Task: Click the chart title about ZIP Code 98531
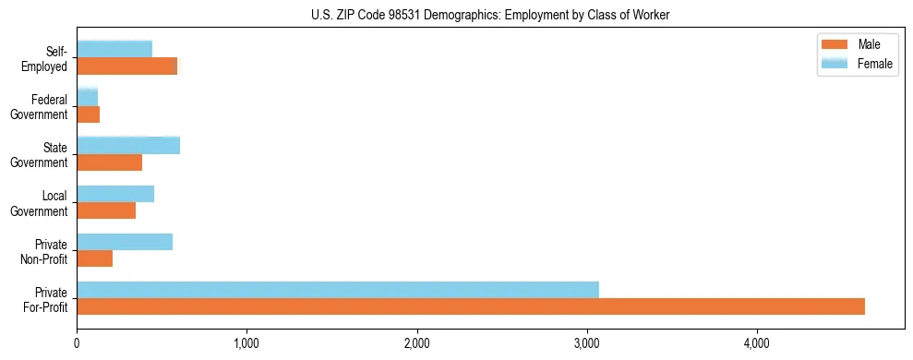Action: click(456, 15)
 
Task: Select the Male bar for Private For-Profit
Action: click(471, 306)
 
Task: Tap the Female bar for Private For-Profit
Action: click(338, 290)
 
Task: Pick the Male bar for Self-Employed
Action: click(127, 66)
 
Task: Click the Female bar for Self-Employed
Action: click(114, 49)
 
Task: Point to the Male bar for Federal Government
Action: click(89, 114)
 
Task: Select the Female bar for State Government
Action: click(128, 145)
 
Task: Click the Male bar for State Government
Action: click(110, 162)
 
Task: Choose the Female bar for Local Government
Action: click(115, 194)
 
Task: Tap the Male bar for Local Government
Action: click(106, 210)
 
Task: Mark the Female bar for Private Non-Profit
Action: click(125, 242)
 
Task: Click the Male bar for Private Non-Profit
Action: click(95, 258)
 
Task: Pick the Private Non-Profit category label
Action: click(45, 251)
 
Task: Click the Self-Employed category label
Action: click(46, 58)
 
